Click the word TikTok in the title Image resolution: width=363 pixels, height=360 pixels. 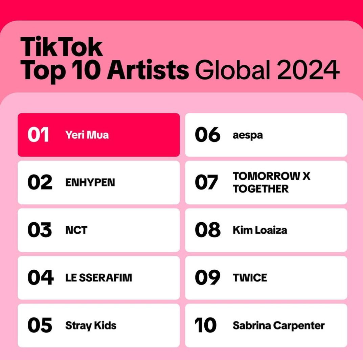(x=62, y=47)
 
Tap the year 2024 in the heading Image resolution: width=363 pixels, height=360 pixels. (x=308, y=70)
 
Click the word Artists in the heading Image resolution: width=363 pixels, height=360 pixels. (x=148, y=70)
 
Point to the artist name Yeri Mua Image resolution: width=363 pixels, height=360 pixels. (x=87, y=135)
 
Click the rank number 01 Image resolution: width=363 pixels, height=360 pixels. (x=38, y=135)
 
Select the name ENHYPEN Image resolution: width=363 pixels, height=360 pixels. (x=90, y=182)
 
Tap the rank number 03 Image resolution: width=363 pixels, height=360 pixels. (x=40, y=230)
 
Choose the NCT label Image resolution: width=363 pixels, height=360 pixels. (x=76, y=230)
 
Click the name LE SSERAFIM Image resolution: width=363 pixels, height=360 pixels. (x=99, y=277)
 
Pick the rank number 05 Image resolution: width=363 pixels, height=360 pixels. (x=40, y=325)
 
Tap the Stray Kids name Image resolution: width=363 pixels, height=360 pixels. (x=91, y=326)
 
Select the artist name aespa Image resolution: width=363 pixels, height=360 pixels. (x=248, y=135)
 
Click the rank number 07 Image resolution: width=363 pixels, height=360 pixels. (x=206, y=182)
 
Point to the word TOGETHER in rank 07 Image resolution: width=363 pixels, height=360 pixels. (x=261, y=189)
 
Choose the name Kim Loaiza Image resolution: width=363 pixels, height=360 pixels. (x=260, y=230)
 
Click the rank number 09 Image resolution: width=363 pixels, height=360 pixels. (x=207, y=277)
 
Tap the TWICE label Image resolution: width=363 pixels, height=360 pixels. (x=250, y=277)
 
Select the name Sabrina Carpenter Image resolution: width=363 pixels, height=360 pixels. (x=279, y=325)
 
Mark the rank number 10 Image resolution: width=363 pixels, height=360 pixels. (x=206, y=325)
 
